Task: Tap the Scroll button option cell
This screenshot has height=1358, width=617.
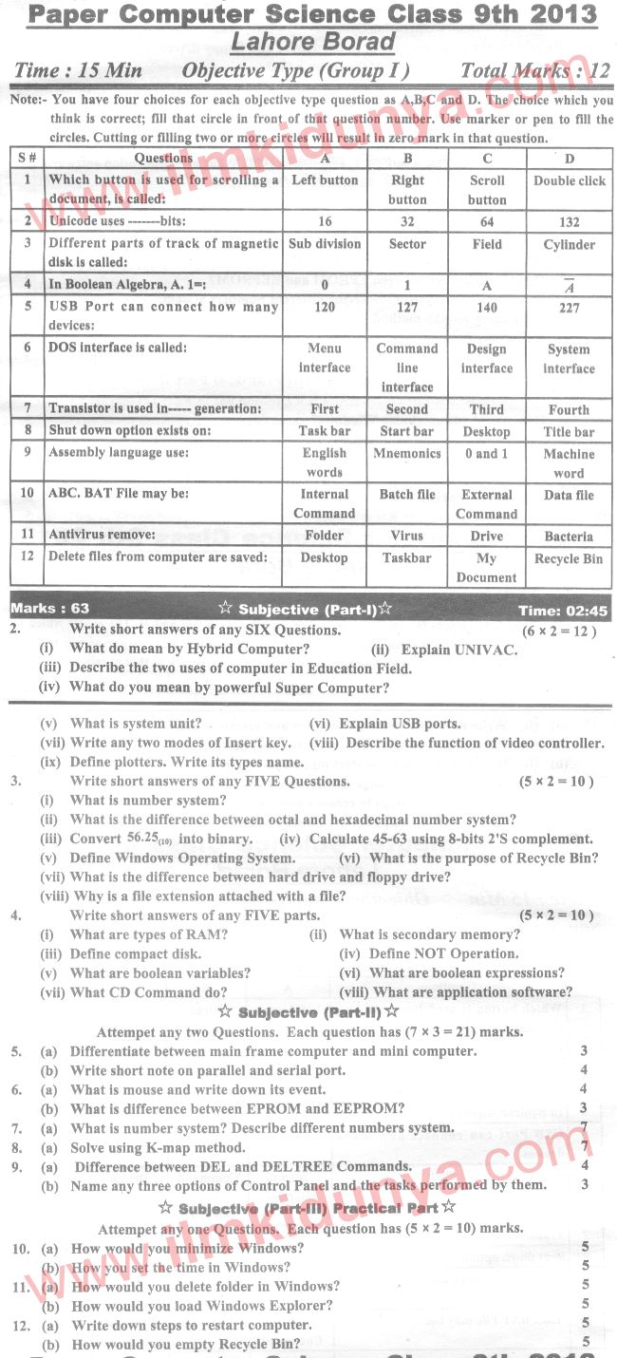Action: tap(487, 190)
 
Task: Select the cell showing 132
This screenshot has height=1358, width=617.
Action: tap(569, 222)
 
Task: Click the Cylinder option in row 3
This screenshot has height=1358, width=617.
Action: tap(569, 244)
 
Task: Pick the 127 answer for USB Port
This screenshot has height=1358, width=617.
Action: tap(407, 308)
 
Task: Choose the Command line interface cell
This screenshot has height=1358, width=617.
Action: tap(407, 368)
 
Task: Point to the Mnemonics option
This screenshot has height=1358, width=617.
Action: tap(407, 453)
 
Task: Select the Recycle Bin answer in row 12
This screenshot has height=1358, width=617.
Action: tap(569, 558)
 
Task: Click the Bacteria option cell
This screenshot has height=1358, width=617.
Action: tap(569, 537)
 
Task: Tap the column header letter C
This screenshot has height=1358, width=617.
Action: tap(487, 159)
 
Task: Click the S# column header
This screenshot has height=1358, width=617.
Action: tap(27, 159)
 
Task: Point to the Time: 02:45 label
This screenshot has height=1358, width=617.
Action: tap(563, 611)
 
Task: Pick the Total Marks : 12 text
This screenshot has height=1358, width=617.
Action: tap(534, 70)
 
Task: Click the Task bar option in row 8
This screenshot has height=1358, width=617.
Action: tap(325, 431)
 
